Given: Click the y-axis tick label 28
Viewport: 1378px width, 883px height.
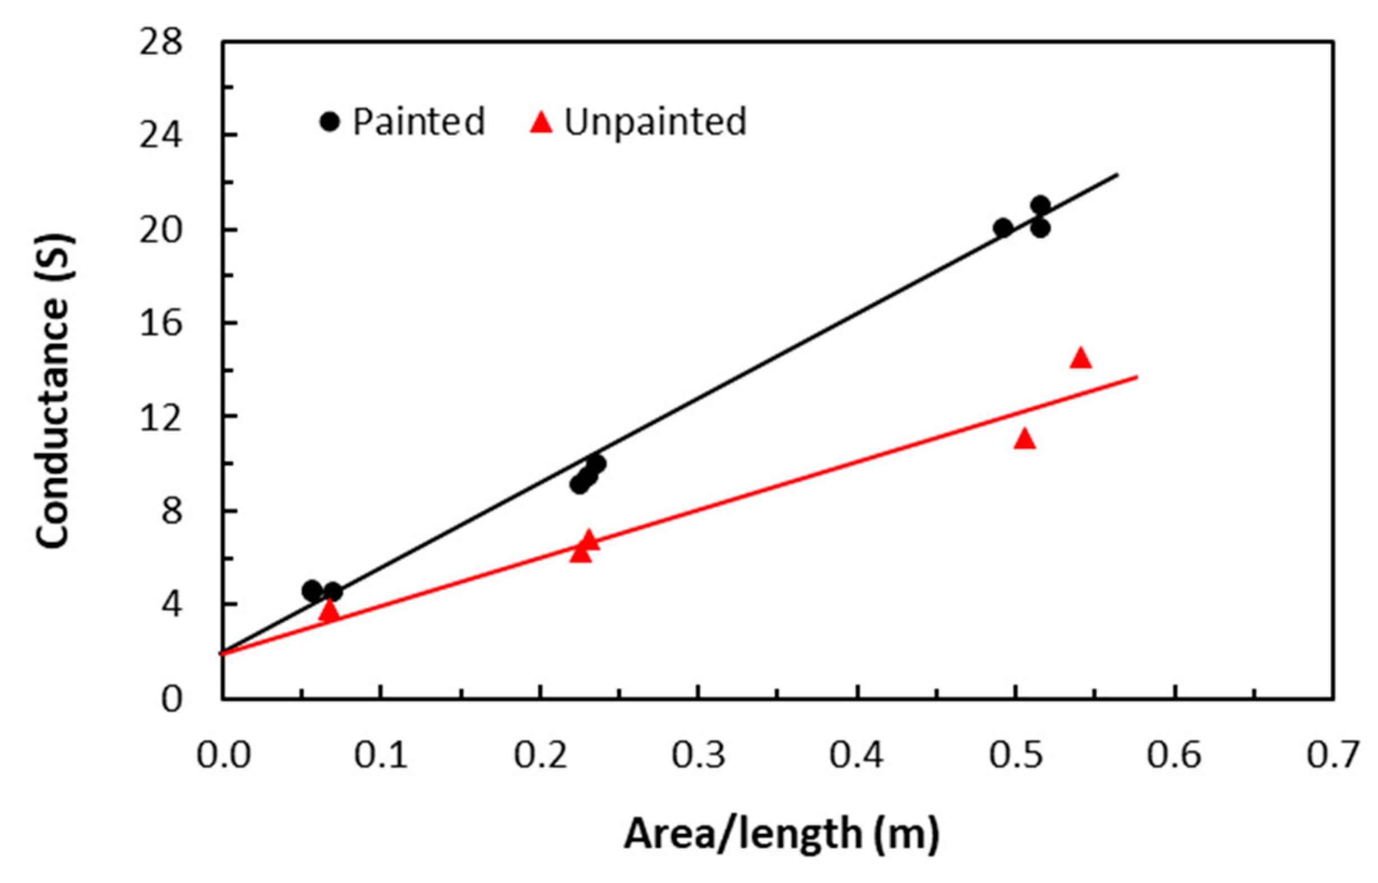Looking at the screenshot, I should pos(161,43).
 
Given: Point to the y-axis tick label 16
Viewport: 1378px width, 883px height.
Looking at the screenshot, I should pos(161,323).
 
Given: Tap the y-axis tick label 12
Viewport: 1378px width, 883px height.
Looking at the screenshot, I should pos(161,417).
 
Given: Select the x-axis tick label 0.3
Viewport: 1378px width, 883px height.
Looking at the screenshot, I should pos(699,755).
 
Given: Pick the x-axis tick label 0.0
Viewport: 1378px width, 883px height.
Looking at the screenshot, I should pos(224,755).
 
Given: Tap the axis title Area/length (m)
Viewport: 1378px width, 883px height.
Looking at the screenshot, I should pos(782,834).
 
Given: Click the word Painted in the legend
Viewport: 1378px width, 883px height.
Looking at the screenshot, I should pos(419,122).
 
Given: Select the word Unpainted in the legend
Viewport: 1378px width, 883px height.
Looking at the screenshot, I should pos(655,122).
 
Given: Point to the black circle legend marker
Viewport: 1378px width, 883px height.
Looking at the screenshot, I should pos(330,122).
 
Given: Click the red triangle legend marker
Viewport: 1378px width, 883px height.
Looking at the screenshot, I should pos(542,122).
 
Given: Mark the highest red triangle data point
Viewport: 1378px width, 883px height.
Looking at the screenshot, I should pos(1080,358).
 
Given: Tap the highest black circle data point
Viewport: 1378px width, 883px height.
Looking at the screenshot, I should pos(1041,204).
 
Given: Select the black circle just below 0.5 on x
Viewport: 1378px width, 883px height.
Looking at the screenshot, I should pos(1003,228).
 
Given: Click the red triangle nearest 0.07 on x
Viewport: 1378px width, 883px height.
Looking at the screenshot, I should pos(330,611).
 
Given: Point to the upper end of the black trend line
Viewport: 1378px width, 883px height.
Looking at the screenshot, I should pos(1117,174).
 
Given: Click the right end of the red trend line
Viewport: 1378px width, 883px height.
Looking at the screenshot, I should pos(1137,377).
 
